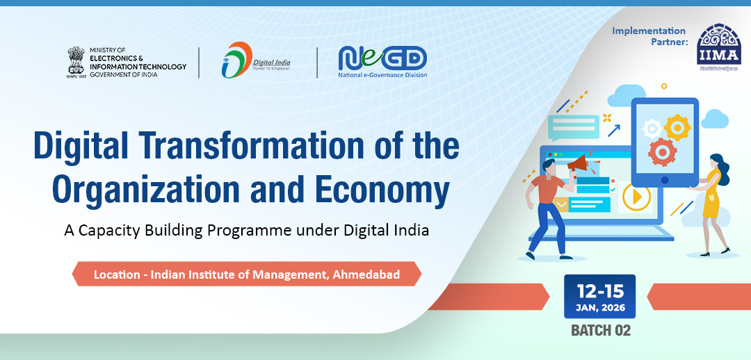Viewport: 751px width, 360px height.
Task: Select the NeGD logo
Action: click(x=382, y=61)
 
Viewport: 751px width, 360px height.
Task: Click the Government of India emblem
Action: click(x=76, y=61)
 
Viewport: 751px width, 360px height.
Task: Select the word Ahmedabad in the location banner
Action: click(x=366, y=275)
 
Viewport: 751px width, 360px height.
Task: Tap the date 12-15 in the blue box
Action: click(x=599, y=291)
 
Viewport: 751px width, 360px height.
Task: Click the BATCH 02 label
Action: click(x=600, y=331)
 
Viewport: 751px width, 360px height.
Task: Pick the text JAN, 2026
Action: click(x=599, y=308)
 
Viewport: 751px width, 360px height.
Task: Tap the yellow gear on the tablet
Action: click(x=675, y=128)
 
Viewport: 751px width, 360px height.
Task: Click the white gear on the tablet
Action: click(x=652, y=128)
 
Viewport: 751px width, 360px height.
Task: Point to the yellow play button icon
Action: click(x=636, y=197)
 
